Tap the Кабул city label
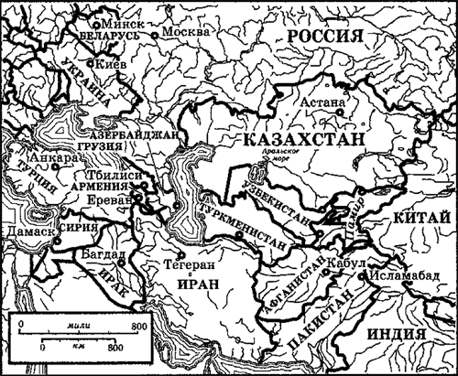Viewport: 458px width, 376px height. pos(352,264)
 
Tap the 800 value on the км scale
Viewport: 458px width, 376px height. pos(114,349)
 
